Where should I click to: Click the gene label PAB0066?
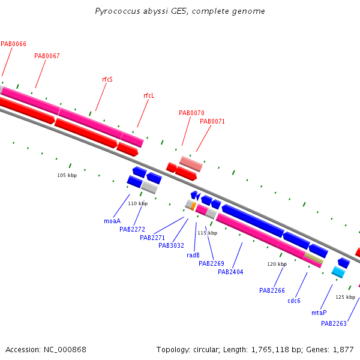(14, 44)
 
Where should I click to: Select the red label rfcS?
(107, 79)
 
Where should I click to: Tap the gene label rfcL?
(149, 95)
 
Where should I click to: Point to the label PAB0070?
(191, 113)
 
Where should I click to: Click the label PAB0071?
(212, 121)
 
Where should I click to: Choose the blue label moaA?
(112, 221)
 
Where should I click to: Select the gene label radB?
(193, 255)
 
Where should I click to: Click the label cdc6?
(294, 301)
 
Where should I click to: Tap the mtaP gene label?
(319, 313)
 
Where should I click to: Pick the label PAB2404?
(230, 272)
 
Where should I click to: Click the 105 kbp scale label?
(67, 175)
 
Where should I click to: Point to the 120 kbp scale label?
(277, 264)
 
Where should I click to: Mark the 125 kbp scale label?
(346, 297)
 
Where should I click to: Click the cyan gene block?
(338, 272)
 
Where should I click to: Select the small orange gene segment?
(193, 206)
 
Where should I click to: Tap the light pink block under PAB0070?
(191, 164)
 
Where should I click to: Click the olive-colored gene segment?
(314, 258)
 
